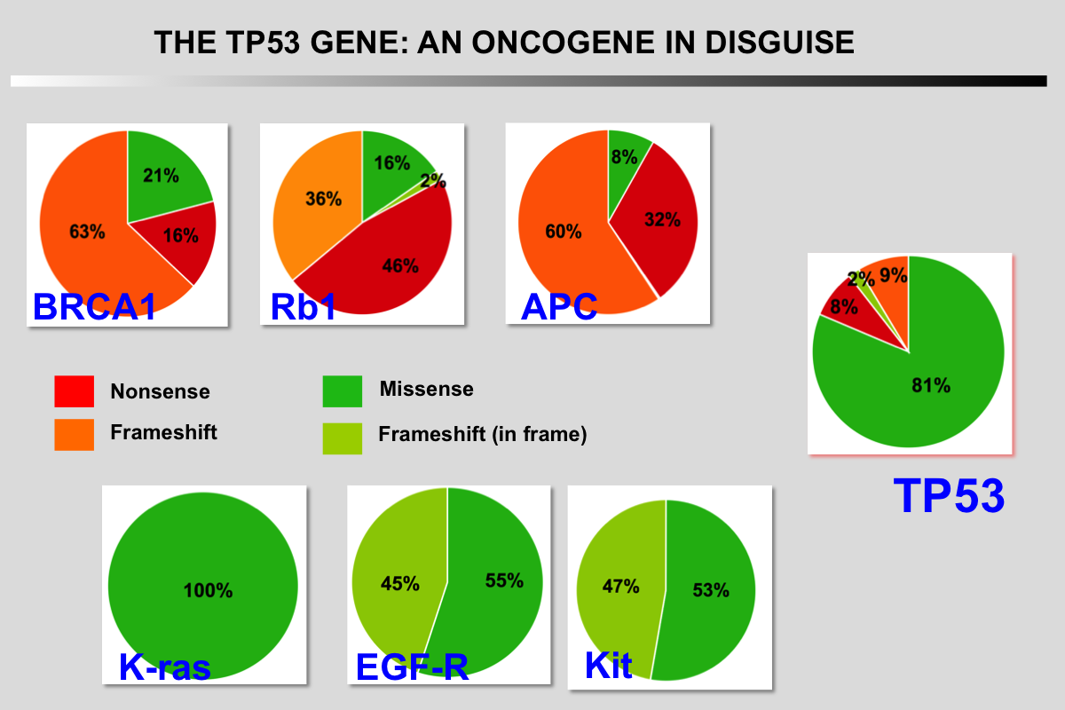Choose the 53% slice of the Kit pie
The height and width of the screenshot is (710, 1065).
pos(710,590)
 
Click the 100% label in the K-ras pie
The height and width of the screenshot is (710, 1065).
pos(208,590)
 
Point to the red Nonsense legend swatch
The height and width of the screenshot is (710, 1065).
pos(74,391)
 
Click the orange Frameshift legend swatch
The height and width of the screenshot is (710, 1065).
pos(74,434)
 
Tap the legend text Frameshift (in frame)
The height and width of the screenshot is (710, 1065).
pos(482,435)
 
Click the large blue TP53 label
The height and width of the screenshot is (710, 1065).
pos(949,496)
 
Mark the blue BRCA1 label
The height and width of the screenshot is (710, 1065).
pos(95,306)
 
